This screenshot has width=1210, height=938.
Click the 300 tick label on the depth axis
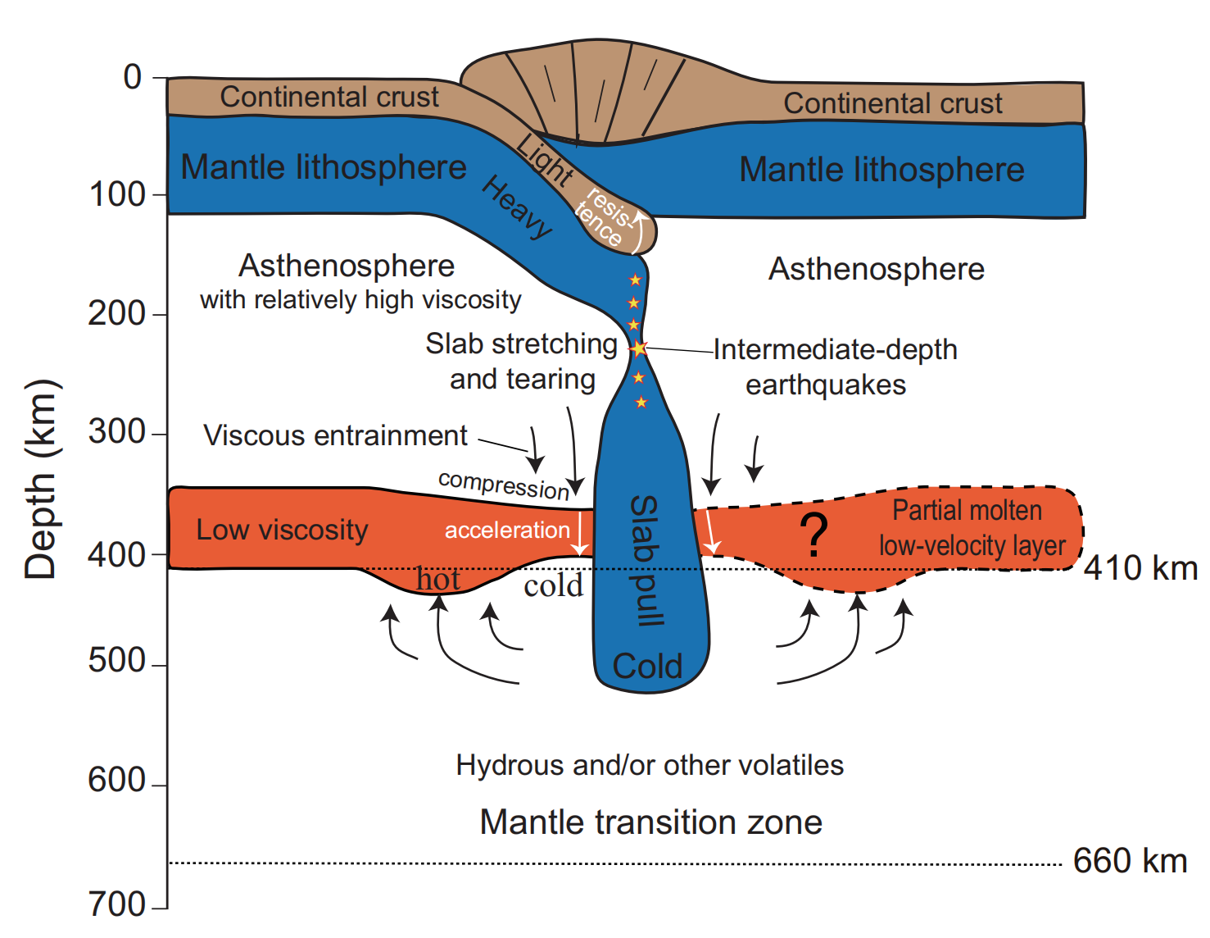click(116, 432)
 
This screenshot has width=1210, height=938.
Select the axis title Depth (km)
click(42, 480)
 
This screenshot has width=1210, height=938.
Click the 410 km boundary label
click(1140, 568)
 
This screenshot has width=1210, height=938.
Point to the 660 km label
click(1130, 862)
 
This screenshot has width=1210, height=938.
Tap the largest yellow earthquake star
click(639, 349)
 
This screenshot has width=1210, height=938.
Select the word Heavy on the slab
click(517, 207)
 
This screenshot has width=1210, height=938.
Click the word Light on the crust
click(545, 159)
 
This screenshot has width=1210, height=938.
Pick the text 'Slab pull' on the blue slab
click(646, 561)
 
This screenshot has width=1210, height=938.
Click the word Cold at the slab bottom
click(647, 667)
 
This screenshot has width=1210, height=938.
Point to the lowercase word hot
click(438, 580)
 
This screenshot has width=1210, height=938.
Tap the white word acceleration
click(507, 530)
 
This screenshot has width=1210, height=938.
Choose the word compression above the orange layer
click(504, 485)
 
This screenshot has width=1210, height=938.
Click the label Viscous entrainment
click(335, 435)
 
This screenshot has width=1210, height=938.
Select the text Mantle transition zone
click(650, 822)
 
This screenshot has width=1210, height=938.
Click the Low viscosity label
click(282, 530)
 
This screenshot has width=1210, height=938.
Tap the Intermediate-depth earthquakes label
click(834, 367)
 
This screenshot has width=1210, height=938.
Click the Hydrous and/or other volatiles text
click(650, 765)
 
